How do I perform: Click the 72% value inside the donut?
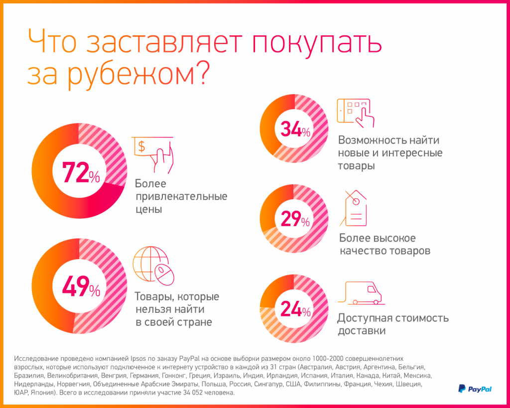pyautogui.click(x=80, y=172)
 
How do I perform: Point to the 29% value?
pyautogui.click(x=295, y=219)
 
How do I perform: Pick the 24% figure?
pyautogui.click(x=295, y=309)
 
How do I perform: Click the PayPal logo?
pyautogui.click(x=475, y=389)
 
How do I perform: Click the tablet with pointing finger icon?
pyautogui.click(x=356, y=112)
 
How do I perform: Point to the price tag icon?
pyautogui.click(x=354, y=208)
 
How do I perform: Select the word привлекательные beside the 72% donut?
pyautogui.click(x=181, y=196)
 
